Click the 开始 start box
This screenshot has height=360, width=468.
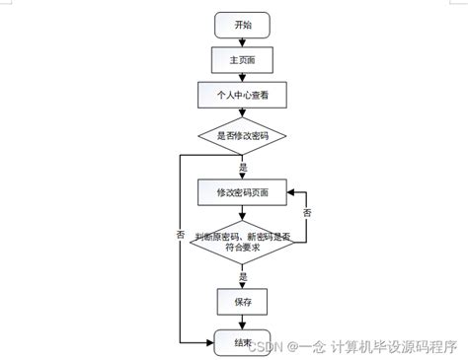point(242,26)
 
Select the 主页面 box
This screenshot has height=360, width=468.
point(242,60)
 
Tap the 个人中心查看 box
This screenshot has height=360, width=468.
point(242,96)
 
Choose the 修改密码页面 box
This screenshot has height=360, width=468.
point(242,191)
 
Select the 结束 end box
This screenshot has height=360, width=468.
point(242,342)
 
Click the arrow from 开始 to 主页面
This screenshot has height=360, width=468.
point(242,41)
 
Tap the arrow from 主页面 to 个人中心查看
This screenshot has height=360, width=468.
point(242,77)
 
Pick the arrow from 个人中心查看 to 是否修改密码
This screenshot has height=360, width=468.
point(242,112)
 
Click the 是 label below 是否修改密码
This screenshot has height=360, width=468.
point(243,168)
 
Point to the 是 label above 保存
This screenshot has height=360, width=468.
point(243,278)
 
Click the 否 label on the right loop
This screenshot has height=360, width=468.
point(307,213)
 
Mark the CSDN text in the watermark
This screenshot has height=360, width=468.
point(265,346)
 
